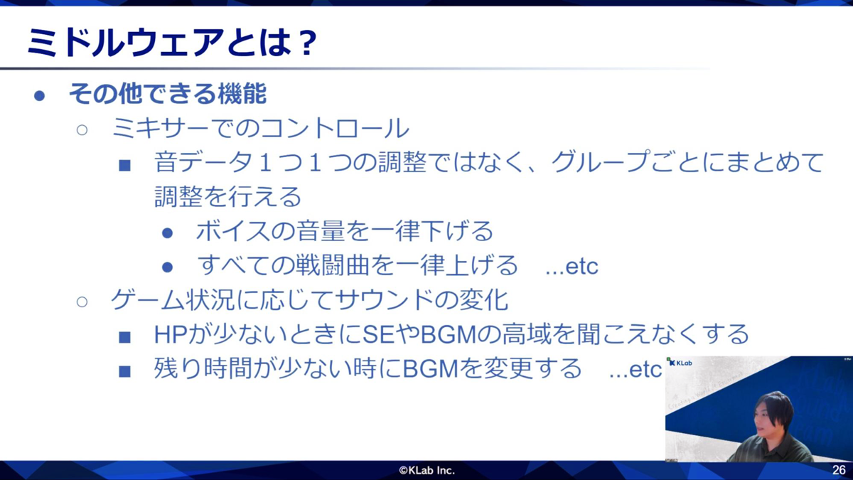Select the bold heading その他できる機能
[x=168, y=94]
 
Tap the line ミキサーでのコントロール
[x=260, y=129]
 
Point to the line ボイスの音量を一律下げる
[x=344, y=230]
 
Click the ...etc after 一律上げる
[x=572, y=267]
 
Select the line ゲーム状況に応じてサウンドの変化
[x=309, y=299]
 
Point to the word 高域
[x=527, y=334]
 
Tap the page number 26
[x=839, y=470]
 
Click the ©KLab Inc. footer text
[x=426, y=470]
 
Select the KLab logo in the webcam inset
[x=680, y=363]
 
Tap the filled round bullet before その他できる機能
[x=40, y=95]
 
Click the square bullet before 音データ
[x=125, y=165]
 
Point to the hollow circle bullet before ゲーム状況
[x=82, y=302]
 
